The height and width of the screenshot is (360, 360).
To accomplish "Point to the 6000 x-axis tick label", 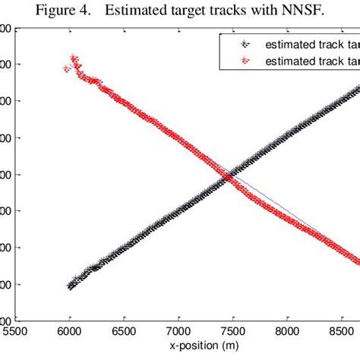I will pyautogui.click(x=69, y=332).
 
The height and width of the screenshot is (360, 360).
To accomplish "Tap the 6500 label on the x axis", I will pyautogui.click(x=123, y=332).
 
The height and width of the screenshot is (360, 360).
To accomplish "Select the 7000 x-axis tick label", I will pyautogui.click(x=178, y=332).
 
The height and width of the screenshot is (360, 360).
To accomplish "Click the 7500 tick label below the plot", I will pyautogui.click(x=232, y=332).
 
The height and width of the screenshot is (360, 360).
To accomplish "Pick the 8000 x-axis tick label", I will pyautogui.click(x=286, y=332).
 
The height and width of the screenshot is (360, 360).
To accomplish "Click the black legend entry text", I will pyautogui.click(x=311, y=44).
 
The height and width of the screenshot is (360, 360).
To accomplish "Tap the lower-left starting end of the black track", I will pyautogui.click(x=70, y=286).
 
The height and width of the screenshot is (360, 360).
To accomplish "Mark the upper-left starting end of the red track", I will pyautogui.click(x=66, y=68).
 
